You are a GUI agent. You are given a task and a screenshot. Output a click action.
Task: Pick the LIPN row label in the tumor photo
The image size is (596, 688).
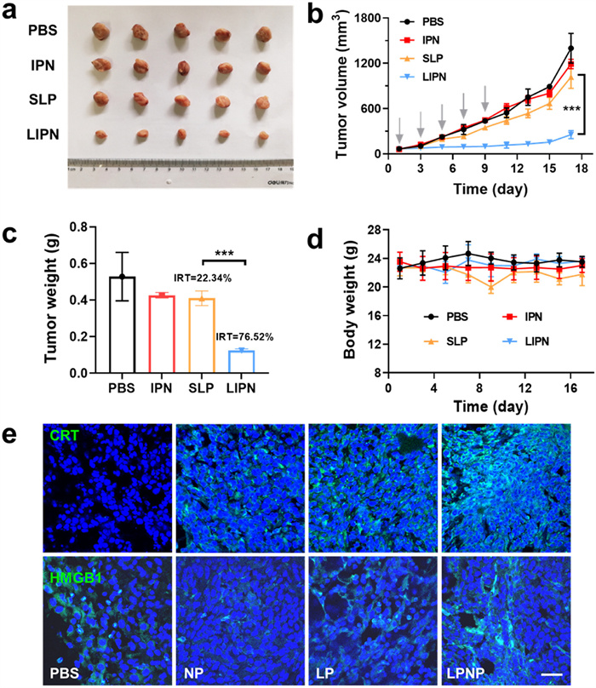(44, 135)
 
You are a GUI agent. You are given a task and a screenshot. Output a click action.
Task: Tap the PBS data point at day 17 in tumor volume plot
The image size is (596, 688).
(570, 49)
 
